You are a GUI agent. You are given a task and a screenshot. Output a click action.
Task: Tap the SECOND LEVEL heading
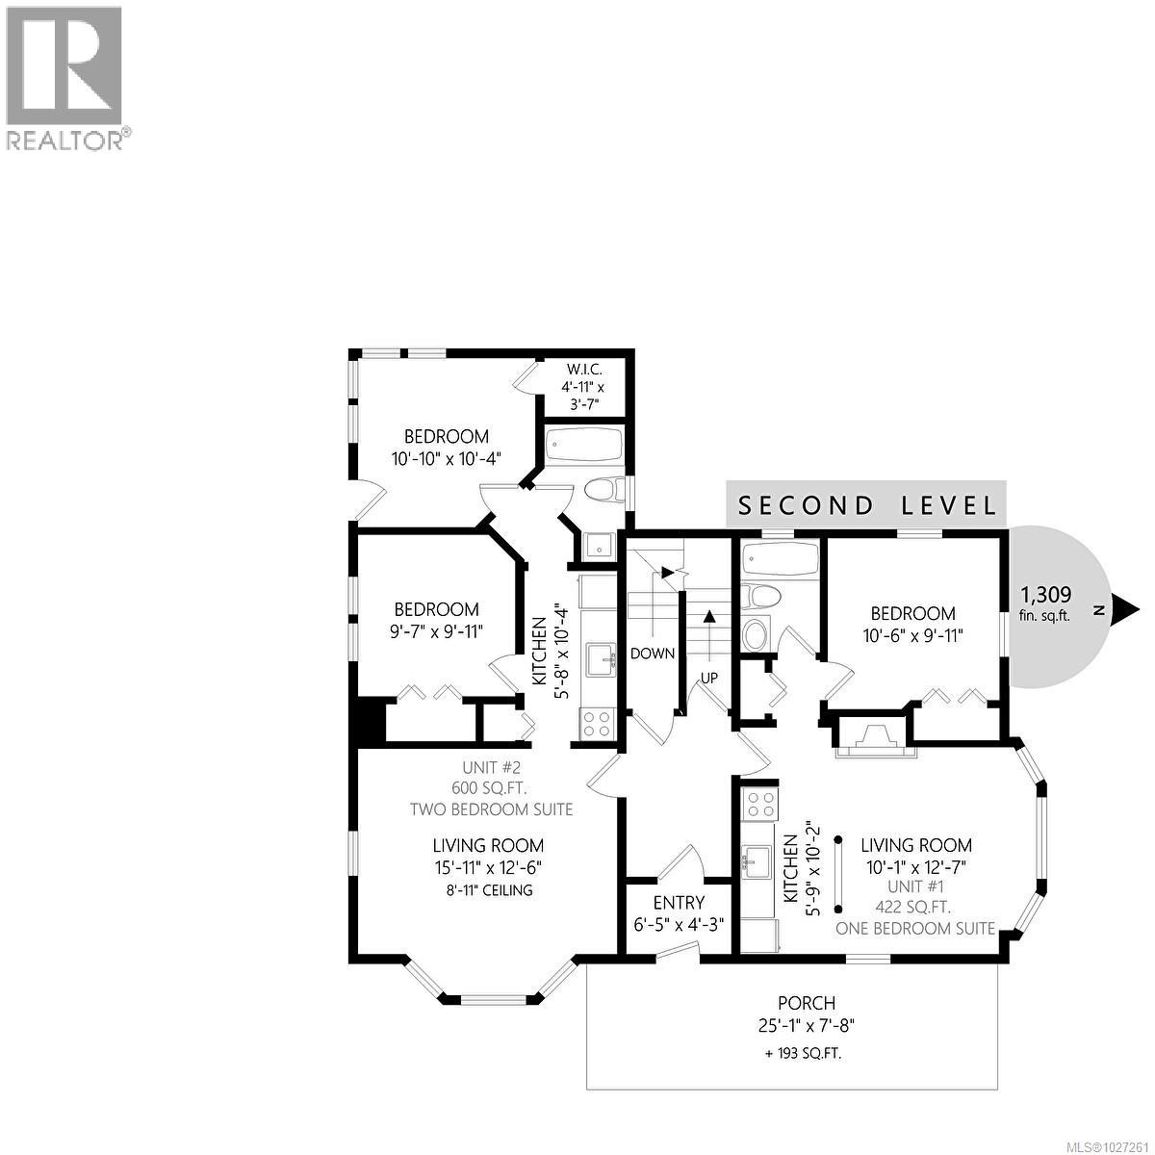tap(866, 504)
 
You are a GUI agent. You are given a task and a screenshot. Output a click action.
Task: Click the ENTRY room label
tap(679, 903)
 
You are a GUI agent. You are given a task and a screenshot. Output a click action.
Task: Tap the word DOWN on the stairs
tap(653, 654)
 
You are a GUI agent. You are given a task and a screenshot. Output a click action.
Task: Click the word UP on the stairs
tap(709, 678)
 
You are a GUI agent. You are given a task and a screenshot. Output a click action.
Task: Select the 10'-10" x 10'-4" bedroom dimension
tap(446, 459)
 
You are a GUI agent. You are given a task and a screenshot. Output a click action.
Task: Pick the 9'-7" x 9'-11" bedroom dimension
tap(436, 631)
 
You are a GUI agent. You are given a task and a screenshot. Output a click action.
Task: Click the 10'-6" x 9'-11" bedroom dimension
tap(912, 635)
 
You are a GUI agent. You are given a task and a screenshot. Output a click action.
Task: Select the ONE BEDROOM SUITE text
tap(915, 929)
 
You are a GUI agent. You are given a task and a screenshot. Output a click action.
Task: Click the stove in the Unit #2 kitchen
tap(597, 723)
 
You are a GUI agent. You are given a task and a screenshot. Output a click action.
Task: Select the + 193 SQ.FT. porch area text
tap(803, 1053)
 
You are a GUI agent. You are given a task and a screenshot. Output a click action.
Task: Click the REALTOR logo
tap(64, 77)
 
